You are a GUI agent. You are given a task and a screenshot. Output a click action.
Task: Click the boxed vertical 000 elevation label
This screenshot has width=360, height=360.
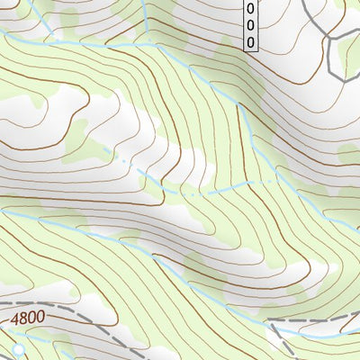click(250, 25)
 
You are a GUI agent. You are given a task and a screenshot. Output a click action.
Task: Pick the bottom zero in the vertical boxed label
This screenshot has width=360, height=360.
click(250, 41)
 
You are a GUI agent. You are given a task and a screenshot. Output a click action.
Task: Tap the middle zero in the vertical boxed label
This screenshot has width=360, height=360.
click(250, 25)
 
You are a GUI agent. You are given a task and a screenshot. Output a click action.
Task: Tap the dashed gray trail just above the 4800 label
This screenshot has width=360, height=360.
click(36, 305)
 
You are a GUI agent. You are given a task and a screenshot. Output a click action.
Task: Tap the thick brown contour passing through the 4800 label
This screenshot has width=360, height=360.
click(72, 321)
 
